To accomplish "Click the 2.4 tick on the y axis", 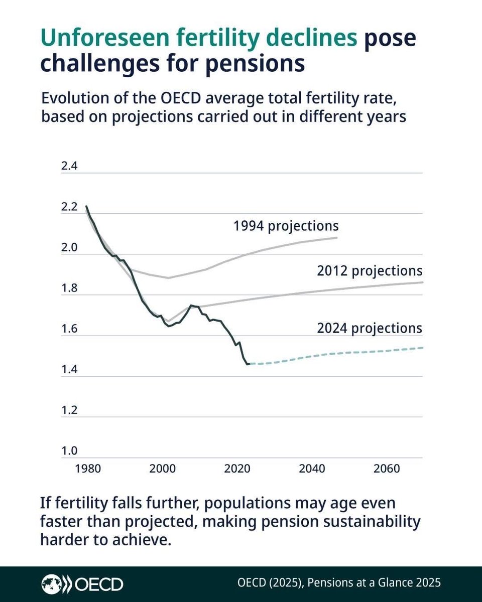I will [x=69, y=166].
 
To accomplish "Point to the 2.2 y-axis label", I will [x=69, y=207].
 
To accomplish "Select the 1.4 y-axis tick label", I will [x=69, y=369].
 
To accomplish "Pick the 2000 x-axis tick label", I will [x=162, y=469].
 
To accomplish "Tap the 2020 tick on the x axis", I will [x=237, y=469].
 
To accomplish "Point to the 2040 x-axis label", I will [x=312, y=469].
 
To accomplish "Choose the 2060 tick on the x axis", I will [x=387, y=469].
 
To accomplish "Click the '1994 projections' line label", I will [x=286, y=226].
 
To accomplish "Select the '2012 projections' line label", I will [x=370, y=271].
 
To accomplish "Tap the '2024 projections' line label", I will [x=370, y=329].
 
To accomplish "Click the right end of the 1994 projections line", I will [x=336, y=237].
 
